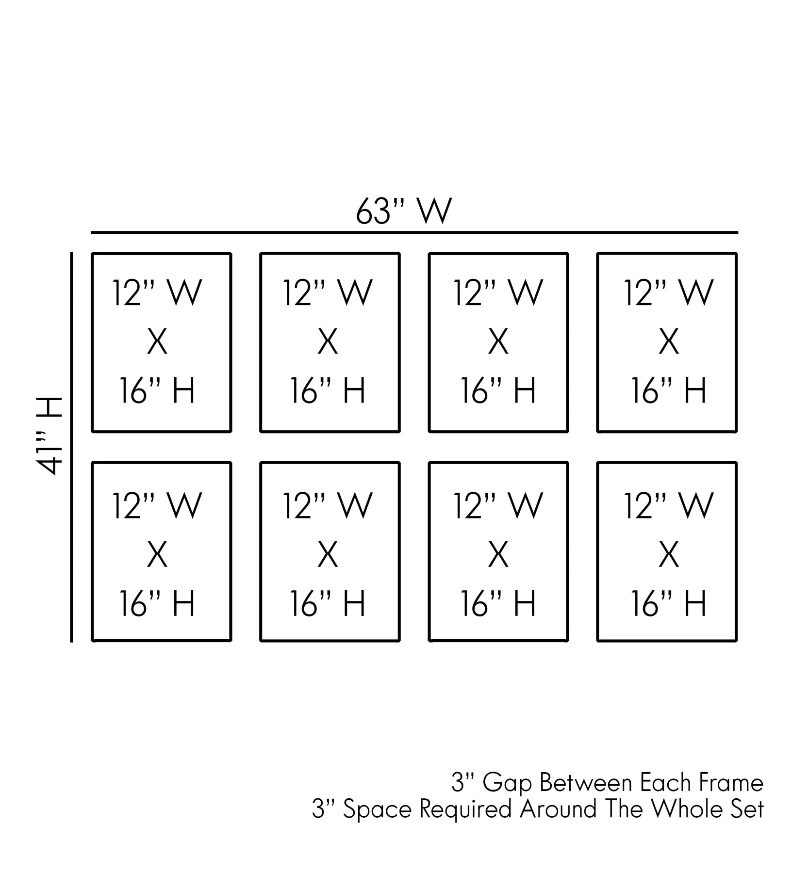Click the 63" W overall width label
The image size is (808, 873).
coord(404,211)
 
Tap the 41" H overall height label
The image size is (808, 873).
coord(49,435)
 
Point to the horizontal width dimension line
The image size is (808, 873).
coord(414,233)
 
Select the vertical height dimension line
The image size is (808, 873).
coord(72,447)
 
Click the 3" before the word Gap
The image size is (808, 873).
coord(462,783)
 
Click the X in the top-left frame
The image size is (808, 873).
coord(157,342)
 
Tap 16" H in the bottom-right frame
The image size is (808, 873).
coord(669,604)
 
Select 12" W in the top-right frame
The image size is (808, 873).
coord(669,293)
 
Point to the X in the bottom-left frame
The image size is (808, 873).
coord(157,555)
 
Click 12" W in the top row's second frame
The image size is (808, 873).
coord(328,293)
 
